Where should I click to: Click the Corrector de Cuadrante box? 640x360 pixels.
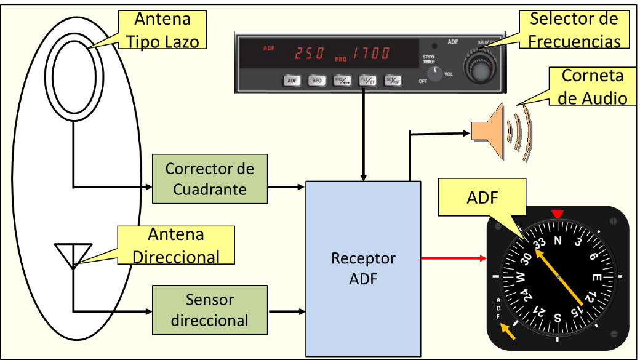coord(209,179)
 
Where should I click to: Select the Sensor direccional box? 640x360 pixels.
coord(209,310)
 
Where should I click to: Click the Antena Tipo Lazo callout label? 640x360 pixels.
coord(170,30)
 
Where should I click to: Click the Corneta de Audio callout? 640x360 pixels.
coord(592,87)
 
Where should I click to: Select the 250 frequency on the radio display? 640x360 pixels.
coord(309,54)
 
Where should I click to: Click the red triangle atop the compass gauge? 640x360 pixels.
coord(558,214)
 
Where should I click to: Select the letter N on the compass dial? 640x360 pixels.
coord(558,241)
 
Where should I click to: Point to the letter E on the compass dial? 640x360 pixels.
coord(596,278)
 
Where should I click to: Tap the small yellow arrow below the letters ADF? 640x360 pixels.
coord(508,332)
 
